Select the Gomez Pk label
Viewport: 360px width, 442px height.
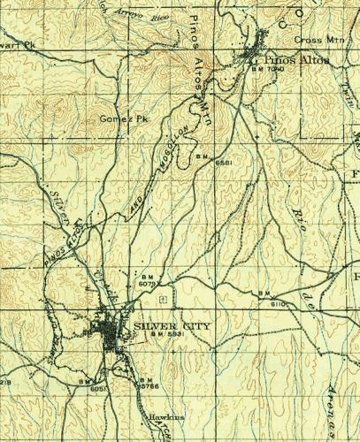pyautogui.click(x=122, y=118)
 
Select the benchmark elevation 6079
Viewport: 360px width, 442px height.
pyautogui.click(x=147, y=284)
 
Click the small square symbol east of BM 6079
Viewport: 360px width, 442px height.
pyautogui.click(x=160, y=300)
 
